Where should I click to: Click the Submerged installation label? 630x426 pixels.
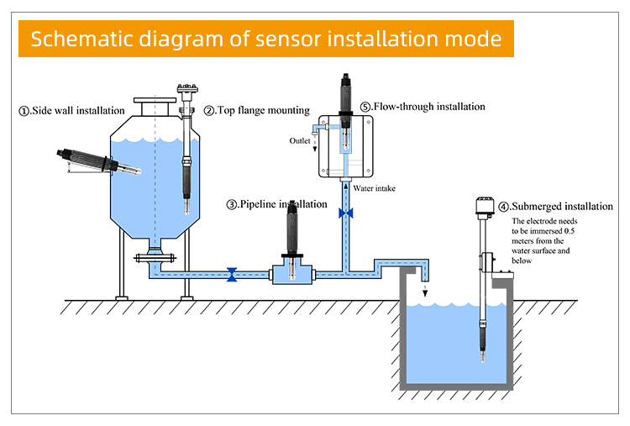coord(561,206)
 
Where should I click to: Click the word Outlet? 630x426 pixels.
coord(300,140)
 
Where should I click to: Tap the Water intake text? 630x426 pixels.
coord(374,188)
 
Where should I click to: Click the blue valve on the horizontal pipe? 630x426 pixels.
coord(233,274)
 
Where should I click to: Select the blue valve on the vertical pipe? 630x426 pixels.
coord(344,213)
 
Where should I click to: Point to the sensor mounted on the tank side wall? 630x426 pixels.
coord(84,161)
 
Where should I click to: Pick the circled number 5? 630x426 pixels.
coord(365,107)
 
